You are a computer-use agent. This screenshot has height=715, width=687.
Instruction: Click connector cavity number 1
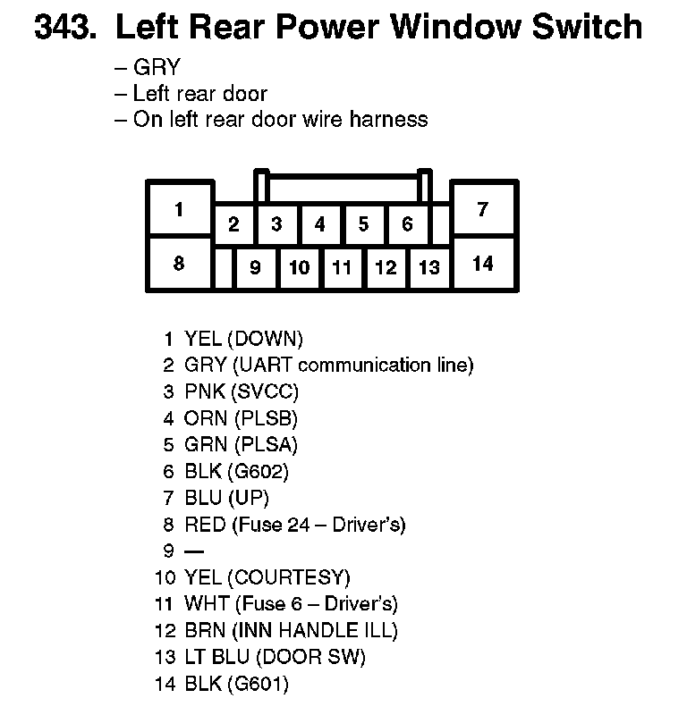[180, 210]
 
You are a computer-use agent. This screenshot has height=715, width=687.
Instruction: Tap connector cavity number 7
[483, 210]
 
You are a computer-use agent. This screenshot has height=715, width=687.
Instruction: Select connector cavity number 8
[180, 264]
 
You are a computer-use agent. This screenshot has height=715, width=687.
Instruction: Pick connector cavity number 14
[483, 264]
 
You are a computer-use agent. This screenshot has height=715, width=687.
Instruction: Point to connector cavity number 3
[276, 223]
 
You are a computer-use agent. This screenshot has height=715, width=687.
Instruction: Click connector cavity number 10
[300, 267]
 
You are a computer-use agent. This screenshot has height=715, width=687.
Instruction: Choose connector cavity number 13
[429, 267]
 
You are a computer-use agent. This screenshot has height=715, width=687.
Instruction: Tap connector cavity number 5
[363, 223]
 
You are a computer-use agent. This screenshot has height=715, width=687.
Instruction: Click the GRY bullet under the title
[157, 67]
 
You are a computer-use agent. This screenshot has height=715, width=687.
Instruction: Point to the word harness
[387, 119]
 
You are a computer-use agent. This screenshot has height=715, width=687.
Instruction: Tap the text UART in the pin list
[262, 365]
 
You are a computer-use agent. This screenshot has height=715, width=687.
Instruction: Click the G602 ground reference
[260, 471]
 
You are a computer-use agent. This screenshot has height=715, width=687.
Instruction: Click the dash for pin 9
[192, 551]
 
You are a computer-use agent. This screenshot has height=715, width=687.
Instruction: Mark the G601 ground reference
[260, 684]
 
